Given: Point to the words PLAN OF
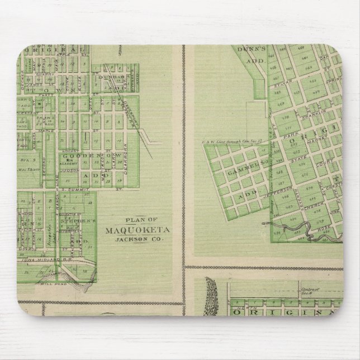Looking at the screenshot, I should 134,220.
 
